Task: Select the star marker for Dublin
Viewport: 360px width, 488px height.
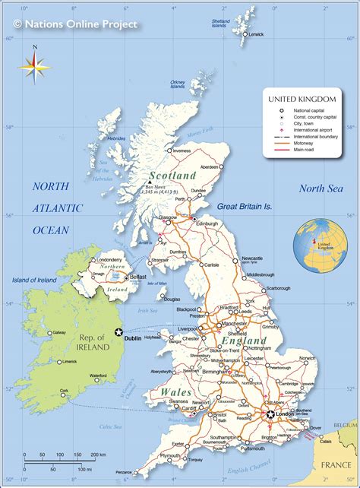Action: [118, 331]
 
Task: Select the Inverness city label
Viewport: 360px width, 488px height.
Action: [182, 151]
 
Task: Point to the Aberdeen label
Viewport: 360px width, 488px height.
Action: [210, 166]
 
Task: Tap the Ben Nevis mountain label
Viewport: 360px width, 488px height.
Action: [156, 186]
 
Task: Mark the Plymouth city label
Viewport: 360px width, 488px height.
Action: [170, 455]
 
